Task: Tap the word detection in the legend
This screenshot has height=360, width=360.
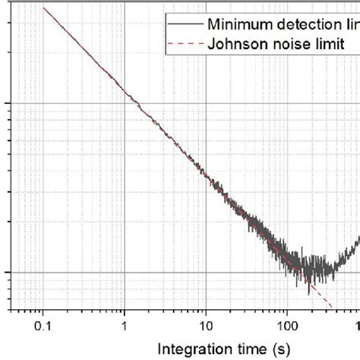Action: point(305,26)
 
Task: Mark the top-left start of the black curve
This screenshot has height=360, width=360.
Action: point(43,8)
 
